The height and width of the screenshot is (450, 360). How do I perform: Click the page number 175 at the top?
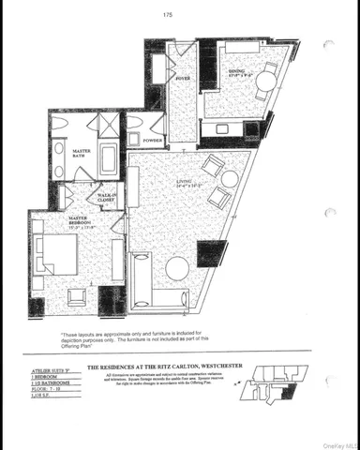point(168,14)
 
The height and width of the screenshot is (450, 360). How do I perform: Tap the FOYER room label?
point(182,79)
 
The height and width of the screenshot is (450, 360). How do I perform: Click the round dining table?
point(266,82)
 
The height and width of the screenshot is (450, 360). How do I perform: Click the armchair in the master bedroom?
point(76,296)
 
